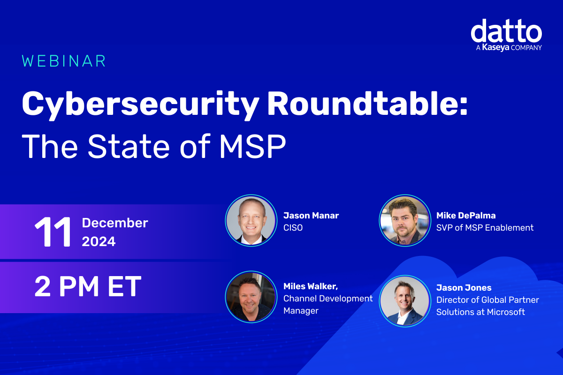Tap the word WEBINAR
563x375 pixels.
click(64, 61)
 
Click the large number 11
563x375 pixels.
click(53, 232)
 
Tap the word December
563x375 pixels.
click(115, 223)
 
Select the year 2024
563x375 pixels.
click(99, 241)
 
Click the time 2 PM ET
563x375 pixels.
click(88, 287)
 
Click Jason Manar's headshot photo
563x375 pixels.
click(251, 220)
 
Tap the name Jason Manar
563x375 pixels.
click(311, 216)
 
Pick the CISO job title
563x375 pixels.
click(293, 228)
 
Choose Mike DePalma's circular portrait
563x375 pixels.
click(404, 220)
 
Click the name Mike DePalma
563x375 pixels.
click(466, 216)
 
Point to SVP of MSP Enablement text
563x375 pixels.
click(485, 228)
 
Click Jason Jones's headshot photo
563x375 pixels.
click(404, 300)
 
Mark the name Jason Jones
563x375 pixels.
click(464, 287)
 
